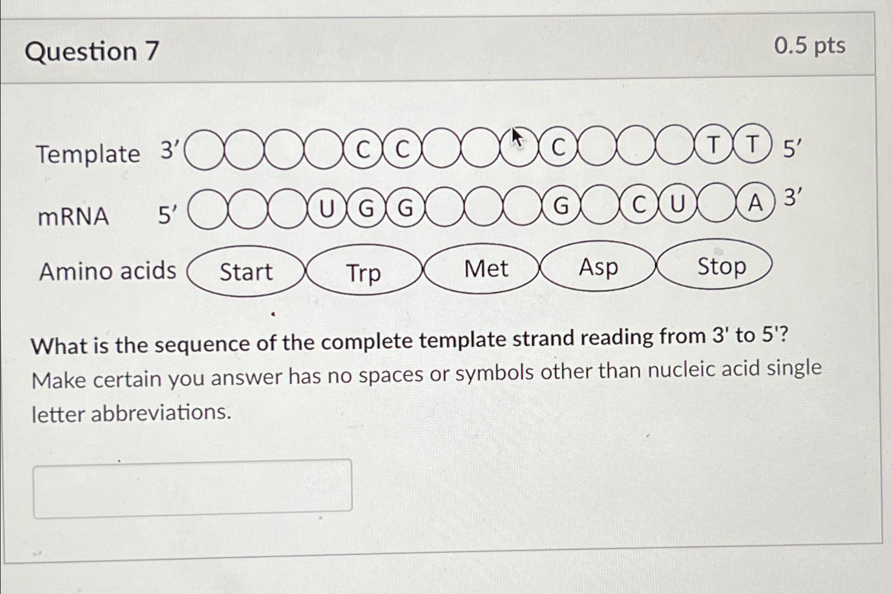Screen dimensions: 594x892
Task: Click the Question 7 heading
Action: click(92, 52)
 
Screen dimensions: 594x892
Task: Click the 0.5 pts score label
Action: click(809, 46)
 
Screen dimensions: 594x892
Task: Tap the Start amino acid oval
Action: click(246, 272)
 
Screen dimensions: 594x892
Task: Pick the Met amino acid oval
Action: click(485, 268)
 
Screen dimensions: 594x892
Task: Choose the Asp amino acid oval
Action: click(598, 267)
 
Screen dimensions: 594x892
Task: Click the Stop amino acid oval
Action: click(721, 265)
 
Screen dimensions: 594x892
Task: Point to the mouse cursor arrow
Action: click(517, 138)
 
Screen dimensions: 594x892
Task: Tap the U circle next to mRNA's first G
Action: click(327, 209)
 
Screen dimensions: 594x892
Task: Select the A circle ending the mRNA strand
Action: click(755, 203)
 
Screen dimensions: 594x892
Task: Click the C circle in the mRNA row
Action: click(639, 204)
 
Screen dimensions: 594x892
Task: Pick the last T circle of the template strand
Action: click(752, 144)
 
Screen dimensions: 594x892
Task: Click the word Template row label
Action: click(88, 155)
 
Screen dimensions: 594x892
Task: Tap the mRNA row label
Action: click(73, 217)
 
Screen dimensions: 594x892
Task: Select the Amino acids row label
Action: click(108, 271)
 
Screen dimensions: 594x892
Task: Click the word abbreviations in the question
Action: click(161, 413)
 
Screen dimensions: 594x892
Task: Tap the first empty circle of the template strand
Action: click(205, 150)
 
